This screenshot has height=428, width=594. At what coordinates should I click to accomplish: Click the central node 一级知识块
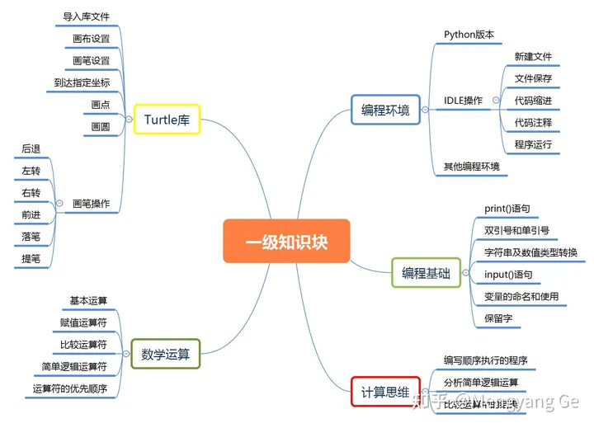pos(286,241)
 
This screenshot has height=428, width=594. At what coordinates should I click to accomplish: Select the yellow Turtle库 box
pos(167,120)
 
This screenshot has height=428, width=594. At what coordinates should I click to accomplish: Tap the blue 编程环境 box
pos(385,110)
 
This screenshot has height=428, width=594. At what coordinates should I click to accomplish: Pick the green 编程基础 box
pos(426,274)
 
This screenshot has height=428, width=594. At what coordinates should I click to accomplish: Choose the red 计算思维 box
pos(385,391)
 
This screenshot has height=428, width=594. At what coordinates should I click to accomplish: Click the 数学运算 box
pos(166,354)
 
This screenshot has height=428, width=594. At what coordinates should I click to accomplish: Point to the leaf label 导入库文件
pos(87,16)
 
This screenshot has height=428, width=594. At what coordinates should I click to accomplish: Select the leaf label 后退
pos(31,148)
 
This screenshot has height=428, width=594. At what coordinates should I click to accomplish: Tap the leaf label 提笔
pos(31,259)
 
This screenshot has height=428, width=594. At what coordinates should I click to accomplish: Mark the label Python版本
pos(469,35)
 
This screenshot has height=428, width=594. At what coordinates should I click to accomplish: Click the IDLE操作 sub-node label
pos(464,101)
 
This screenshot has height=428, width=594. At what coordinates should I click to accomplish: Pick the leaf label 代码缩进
pos(533,101)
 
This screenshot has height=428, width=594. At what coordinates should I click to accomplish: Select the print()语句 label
pos(507,209)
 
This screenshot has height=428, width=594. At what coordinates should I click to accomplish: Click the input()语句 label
pos(508,274)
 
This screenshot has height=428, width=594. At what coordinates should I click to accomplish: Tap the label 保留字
pos(498,317)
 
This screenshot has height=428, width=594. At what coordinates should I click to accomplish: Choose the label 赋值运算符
pos(84,322)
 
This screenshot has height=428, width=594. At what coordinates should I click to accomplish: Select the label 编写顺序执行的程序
pos(485,360)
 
